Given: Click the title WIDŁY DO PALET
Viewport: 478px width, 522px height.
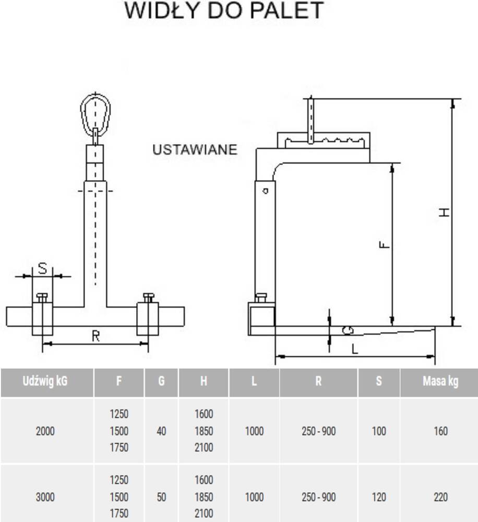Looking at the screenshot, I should pos(224,11).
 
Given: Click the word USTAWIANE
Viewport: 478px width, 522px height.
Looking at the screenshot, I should pos(195,150).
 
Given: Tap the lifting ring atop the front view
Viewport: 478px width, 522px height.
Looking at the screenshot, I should pos(95,111).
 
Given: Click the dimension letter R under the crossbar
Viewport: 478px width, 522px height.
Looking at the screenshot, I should pos(95,337).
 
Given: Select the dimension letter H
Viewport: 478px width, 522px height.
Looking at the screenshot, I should pos(444,211).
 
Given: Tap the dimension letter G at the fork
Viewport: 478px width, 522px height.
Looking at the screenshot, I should pos(348,330).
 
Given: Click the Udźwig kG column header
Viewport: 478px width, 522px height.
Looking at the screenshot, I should pos(45,382).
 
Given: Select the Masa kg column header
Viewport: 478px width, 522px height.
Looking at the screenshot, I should pos(440,382).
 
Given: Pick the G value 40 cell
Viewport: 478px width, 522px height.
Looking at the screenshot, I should pos(161,431).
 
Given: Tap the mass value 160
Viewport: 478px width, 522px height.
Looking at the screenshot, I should pos(440,431).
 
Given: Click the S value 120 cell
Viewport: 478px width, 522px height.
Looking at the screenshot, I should pos(379,497).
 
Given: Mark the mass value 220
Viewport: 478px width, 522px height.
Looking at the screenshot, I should pos(440,497).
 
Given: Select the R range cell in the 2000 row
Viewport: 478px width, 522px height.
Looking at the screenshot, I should pos(318,431).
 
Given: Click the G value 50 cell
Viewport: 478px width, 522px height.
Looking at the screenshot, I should pos(161,497).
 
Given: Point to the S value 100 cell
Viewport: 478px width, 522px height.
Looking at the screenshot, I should pos(379,431).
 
